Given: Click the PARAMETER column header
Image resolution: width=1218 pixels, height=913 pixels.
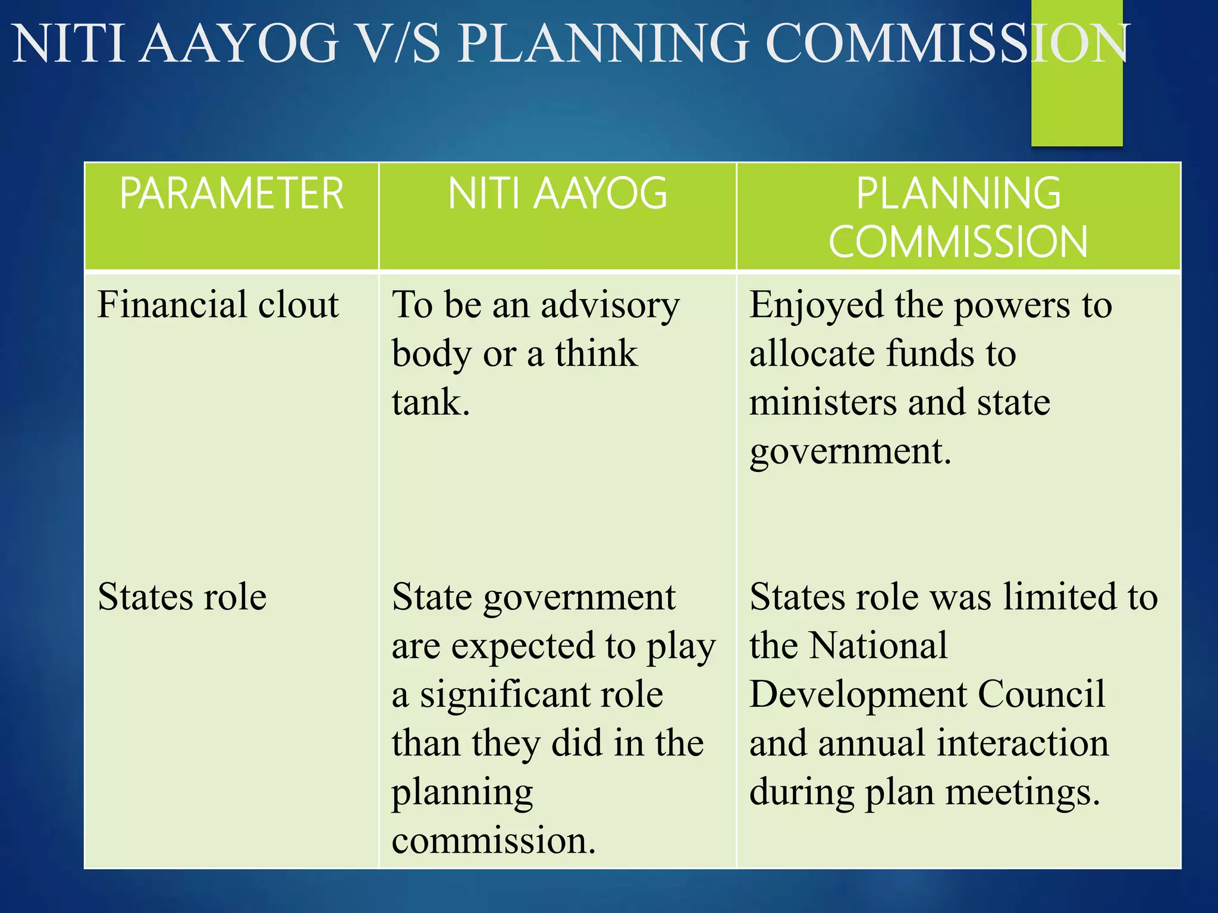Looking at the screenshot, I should click(x=231, y=194).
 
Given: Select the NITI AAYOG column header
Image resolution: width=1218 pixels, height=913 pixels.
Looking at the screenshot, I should click(x=557, y=194).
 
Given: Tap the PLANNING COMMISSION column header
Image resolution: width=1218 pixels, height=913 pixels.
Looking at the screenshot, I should click(x=958, y=218).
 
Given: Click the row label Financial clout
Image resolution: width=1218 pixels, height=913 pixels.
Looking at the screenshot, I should click(x=218, y=304).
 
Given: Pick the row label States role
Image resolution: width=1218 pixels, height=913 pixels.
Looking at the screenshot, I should click(x=182, y=597).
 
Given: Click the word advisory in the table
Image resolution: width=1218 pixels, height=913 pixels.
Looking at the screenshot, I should click(x=610, y=306).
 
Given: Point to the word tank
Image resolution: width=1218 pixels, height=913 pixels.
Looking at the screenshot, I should click(x=431, y=402).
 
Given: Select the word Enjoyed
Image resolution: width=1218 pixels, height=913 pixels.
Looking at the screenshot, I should click(x=816, y=306).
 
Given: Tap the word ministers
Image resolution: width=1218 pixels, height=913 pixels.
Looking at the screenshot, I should click(x=823, y=402).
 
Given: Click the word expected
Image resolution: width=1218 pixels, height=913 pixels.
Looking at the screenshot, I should click(x=523, y=647).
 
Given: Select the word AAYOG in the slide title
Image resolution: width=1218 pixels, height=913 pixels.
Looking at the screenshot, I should click(x=240, y=43).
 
